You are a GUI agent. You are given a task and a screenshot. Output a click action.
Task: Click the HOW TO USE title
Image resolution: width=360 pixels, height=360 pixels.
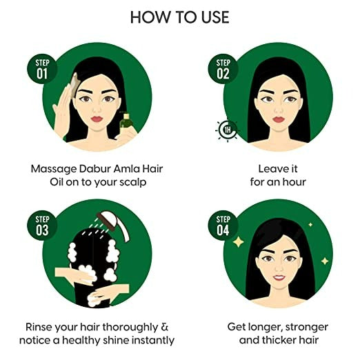coord(179,17)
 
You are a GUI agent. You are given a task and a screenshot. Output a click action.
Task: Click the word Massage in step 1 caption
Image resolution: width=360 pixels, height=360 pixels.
coord(54,168)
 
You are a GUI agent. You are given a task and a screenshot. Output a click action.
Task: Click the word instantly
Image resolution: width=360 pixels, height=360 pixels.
coord(151,340)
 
